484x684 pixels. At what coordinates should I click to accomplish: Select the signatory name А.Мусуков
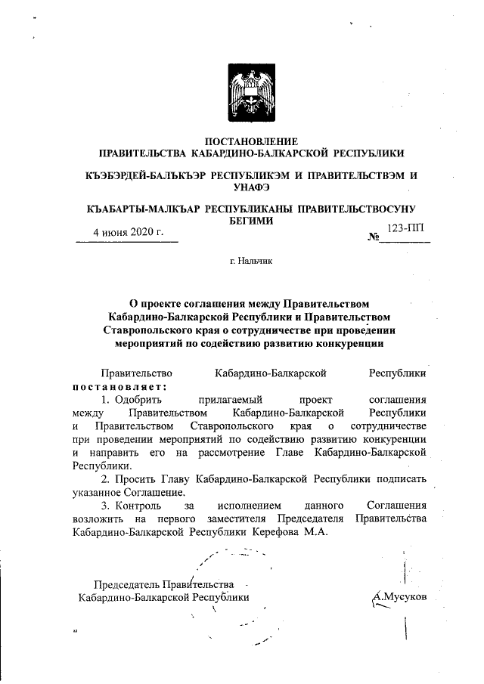tap(401, 596)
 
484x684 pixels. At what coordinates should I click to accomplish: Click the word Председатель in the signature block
tap(126, 583)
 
